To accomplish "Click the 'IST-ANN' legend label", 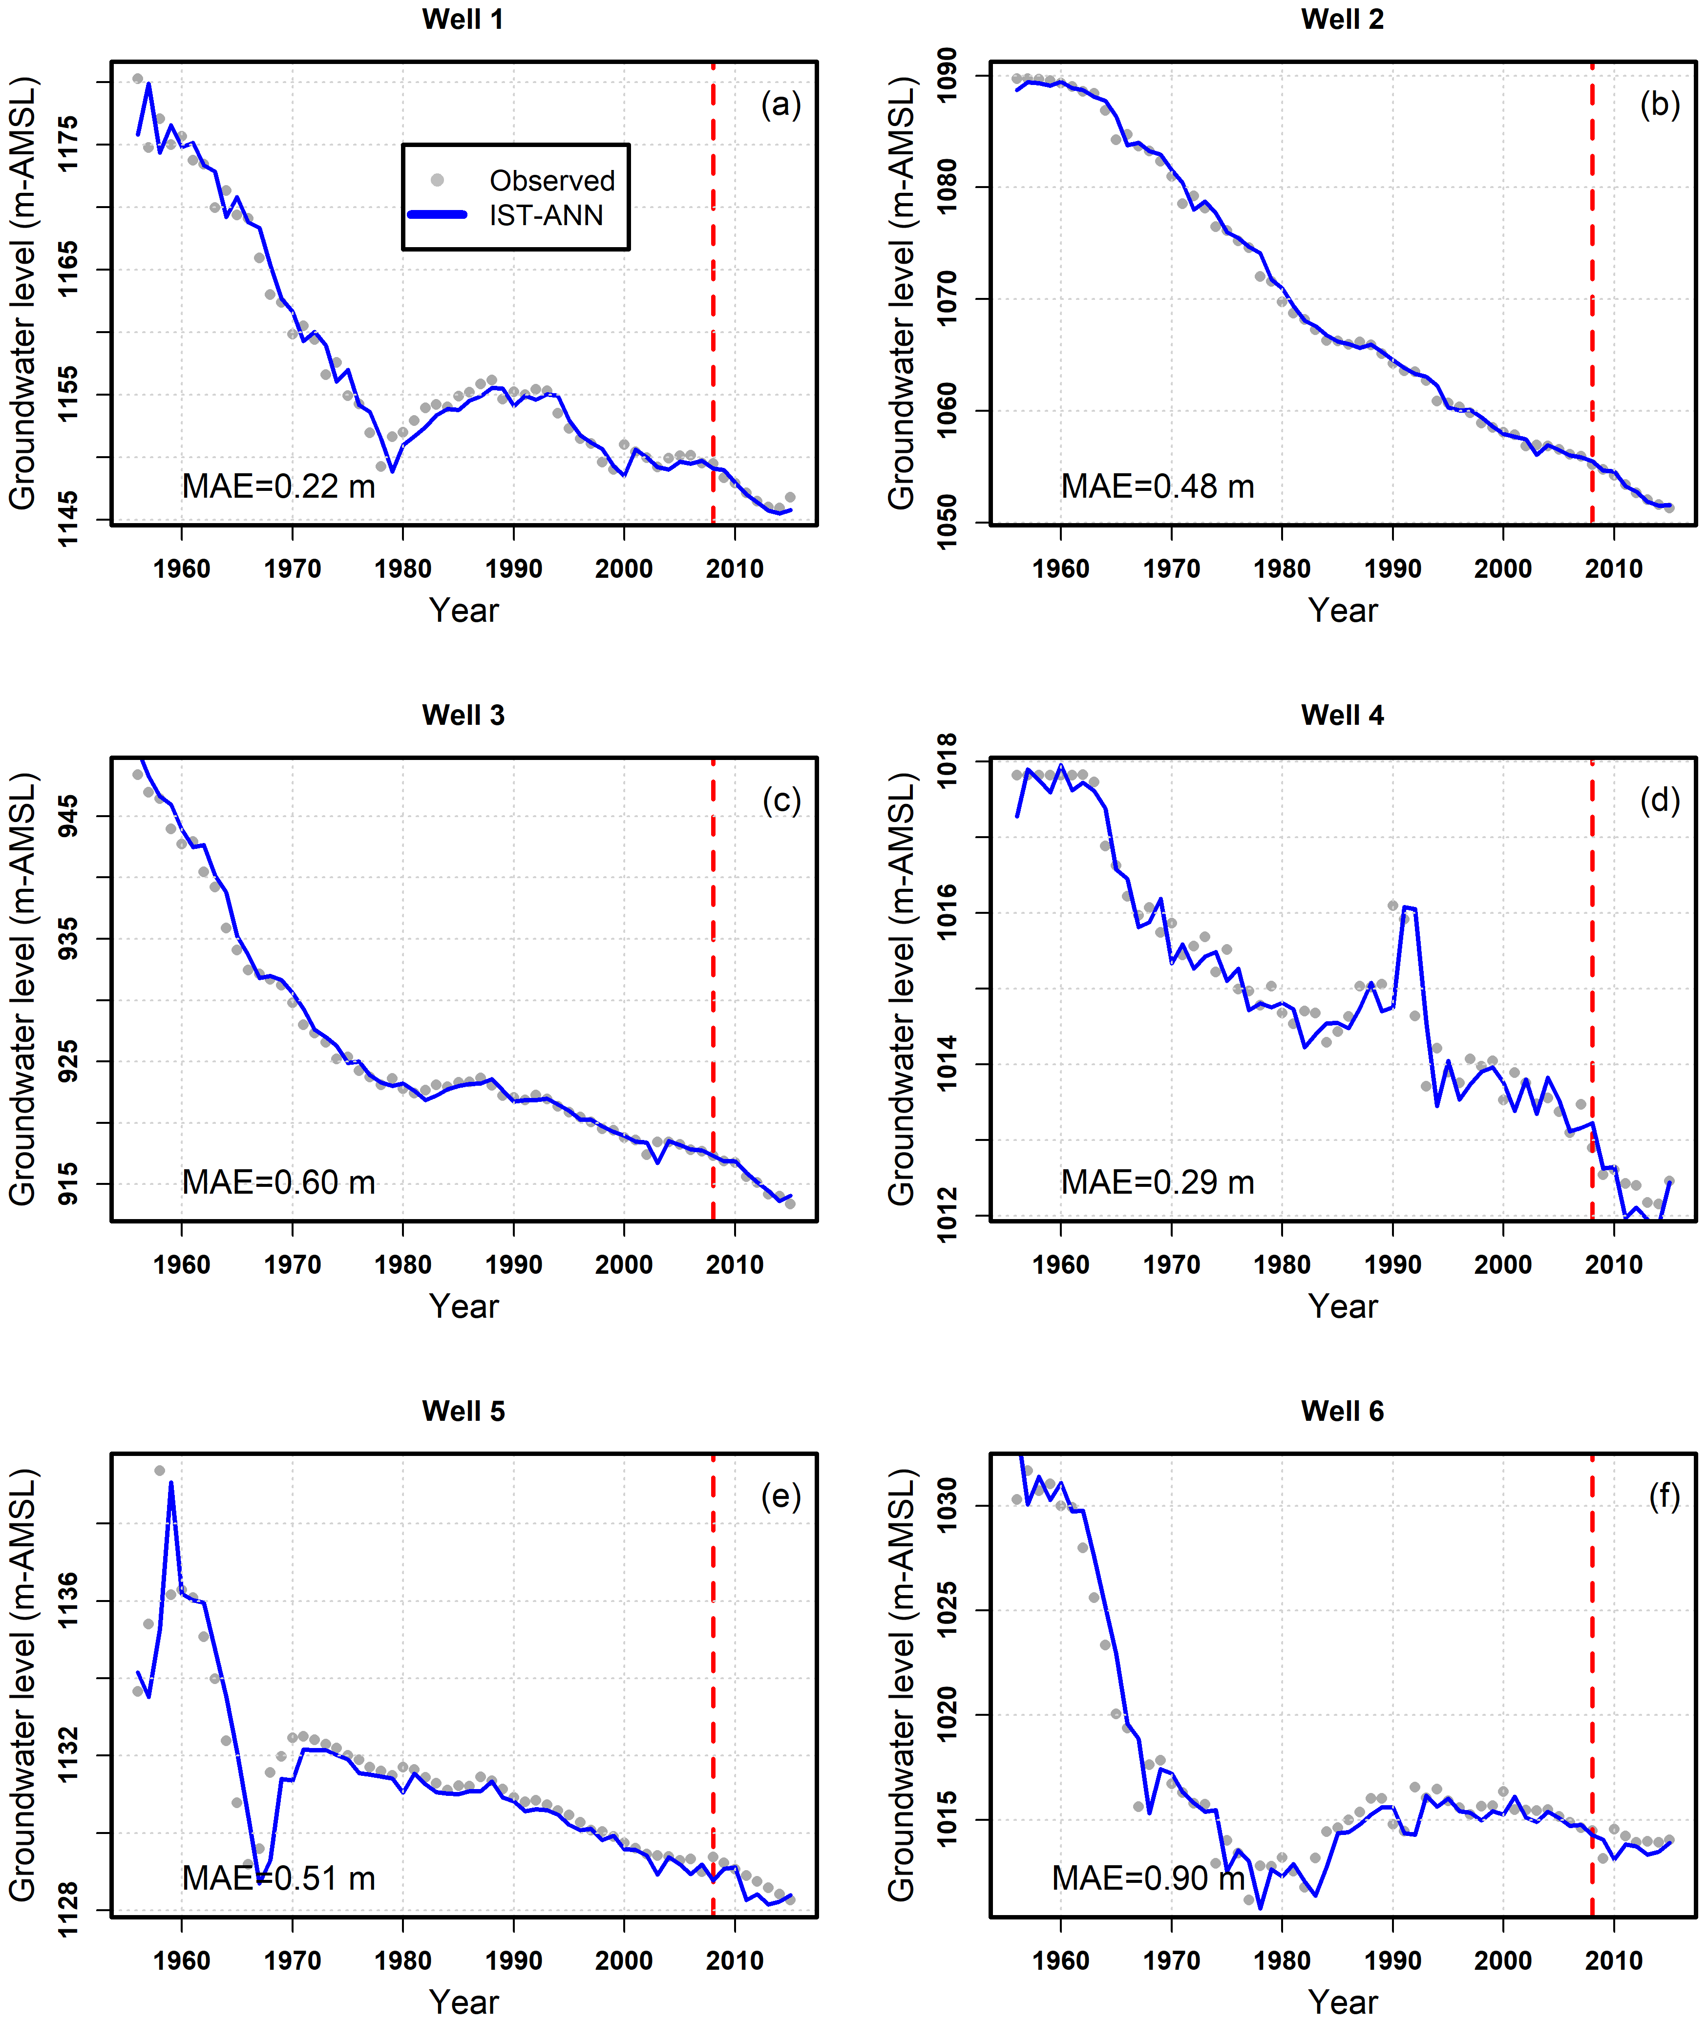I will [546, 215].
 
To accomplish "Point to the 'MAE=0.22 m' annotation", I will [279, 485].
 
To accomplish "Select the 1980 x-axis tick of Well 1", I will [402, 569].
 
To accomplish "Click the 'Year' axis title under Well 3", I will [464, 1306].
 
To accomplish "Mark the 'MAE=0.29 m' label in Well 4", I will [1158, 1181].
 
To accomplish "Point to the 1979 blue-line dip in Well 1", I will [392, 471].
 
